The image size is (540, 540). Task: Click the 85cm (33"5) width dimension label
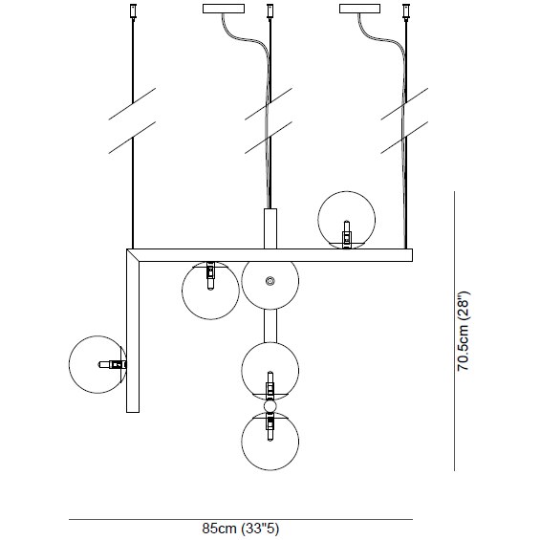pyautogui.click(x=241, y=528)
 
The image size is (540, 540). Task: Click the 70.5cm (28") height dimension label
pyautogui.click(x=463, y=331)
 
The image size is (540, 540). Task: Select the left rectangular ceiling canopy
pyautogui.click(x=224, y=9)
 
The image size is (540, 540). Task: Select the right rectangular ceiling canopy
pyautogui.click(x=360, y=9)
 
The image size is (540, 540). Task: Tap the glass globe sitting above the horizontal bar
pyautogui.click(x=346, y=220)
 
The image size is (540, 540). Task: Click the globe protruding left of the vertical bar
pyautogui.click(x=97, y=364)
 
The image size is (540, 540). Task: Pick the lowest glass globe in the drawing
pyautogui.click(x=270, y=442)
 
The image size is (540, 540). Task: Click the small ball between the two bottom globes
pyautogui.click(x=270, y=406)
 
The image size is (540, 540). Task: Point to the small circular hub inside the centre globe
pyautogui.click(x=270, y=281)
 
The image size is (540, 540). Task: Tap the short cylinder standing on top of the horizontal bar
pyautogui.click(x=270, y=228)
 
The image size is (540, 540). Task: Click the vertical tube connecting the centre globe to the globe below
pyautogui.click(x=270, y=326)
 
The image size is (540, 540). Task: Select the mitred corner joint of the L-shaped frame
pyautogui.click(x=133, y=255)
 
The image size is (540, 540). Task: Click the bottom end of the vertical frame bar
pyautogui.click(x=133, y=412)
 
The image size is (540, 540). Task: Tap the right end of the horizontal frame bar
pyautogui.click(x=412, y=255)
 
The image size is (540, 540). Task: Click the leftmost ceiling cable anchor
pyautogui.click(x=133, y=11)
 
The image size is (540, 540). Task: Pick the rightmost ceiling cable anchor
pyautogui.click(x=406, y=11)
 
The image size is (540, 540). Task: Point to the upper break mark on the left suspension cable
pyautogui.click(x=132, y=103)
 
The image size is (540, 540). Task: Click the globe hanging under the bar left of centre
pyautogui.click(x=210, y=291)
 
